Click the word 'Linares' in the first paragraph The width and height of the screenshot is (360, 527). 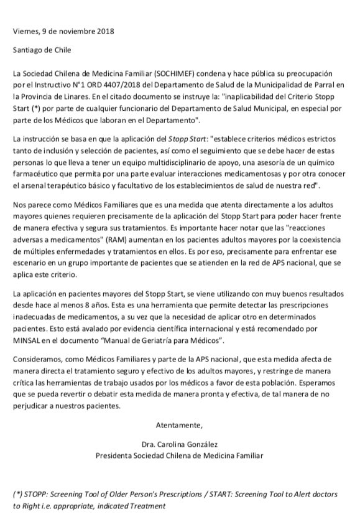pyautogui.click(x=75, y=97)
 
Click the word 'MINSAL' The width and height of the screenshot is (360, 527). pyautogui.click(x=30, y=341)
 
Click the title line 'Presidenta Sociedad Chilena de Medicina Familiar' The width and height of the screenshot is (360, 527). pyautogui.click(x=179, y=455)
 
